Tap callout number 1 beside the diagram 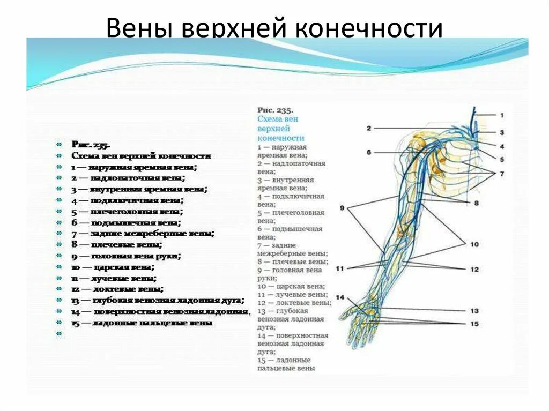point(502,115)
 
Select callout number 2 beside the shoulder point(369,128)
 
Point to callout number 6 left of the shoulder point(369,152)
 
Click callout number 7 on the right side point(502,174)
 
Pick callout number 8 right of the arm point(476,203)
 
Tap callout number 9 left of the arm point(342,207)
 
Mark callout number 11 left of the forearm point(339,268)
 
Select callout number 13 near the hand point(474,311)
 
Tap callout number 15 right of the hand point(474,324)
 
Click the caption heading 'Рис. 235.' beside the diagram point(275,110)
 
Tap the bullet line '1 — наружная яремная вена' point(134,167)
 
